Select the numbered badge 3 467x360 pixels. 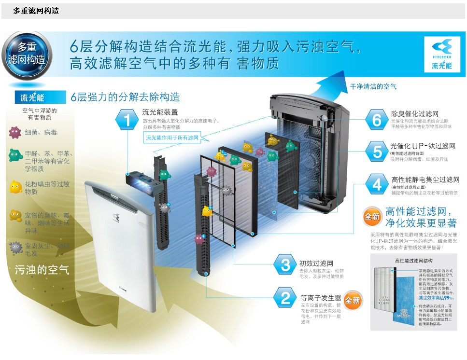point(285,264)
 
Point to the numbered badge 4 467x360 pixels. point(377,184)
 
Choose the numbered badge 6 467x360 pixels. point(377,119)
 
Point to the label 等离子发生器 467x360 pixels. point(321,298)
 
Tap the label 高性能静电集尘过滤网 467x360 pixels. point(425,180)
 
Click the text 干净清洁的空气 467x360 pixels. point(373,86)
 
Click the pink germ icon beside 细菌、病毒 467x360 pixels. point(15,132)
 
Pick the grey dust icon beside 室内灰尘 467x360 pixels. point(16,248)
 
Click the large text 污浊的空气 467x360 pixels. point(42,270)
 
